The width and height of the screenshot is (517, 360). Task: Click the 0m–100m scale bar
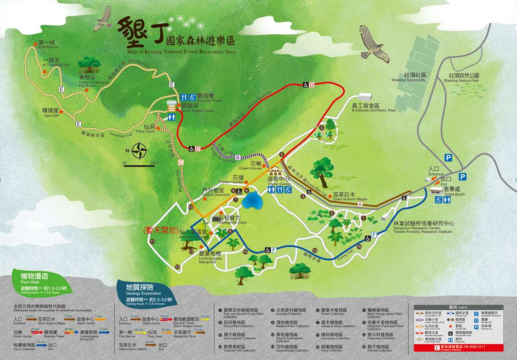click(139, 166)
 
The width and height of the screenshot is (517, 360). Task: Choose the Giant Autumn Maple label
click(344, 197)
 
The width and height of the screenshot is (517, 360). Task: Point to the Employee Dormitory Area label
click(374, 108)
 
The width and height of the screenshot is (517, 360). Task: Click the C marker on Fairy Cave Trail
click(181, 162)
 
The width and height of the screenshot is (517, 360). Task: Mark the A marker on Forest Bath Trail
click(360, 204)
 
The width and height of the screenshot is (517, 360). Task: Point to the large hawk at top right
click(374, 44)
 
